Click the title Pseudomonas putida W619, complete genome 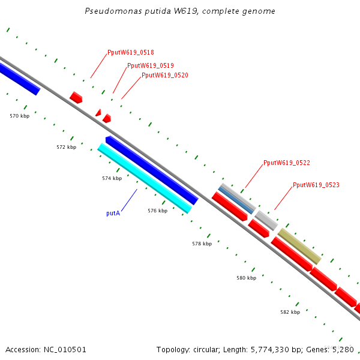tap(180, 11)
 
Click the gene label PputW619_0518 tap(130, 52)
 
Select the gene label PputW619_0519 tap(151, 65)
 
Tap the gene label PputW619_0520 tap(165, 75)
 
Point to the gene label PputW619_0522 tap(287, 163)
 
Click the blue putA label tap(113, 213)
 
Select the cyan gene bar tap(145, 178)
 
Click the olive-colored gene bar tap(299, 246)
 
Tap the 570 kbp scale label tap(20, 116)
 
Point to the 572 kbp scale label tap(67, 147)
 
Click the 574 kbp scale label tap(112, 178)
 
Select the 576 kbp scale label tap(157, 211)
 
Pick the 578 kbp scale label tap(202, 244)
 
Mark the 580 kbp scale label tap(246, 278)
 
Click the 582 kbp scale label tap(290, 313)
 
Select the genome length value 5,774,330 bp tap(271, 349)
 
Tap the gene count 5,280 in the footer tap(343, 349)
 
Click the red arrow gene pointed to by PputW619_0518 tap(76, 97)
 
